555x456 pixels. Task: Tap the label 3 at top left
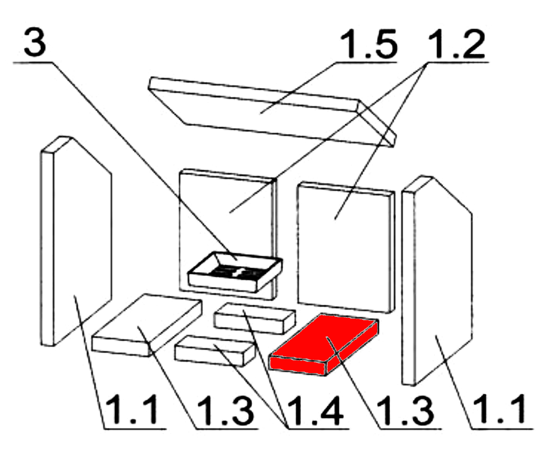(35, 42)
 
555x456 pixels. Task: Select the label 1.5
(368, 44)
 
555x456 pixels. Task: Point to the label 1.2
(457, 44)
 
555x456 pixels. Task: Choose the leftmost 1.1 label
(133, 410)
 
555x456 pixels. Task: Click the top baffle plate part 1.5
(272, 112)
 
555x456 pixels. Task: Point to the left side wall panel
(76, 241)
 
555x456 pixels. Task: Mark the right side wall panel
(437, 280)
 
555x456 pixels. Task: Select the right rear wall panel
(346, 248)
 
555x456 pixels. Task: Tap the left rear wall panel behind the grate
(228, 234)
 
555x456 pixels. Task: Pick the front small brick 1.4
(215, 351)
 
